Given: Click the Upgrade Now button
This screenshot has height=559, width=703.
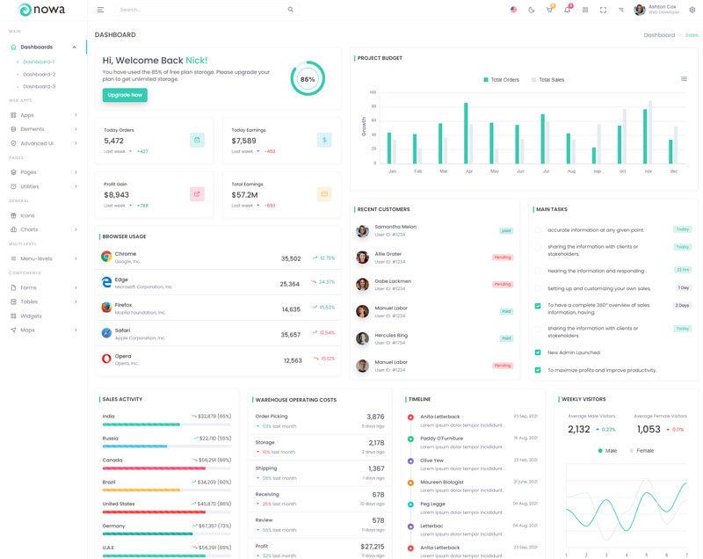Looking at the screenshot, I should [x=125, y=95].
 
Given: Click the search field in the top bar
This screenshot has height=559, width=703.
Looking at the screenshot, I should [x=202, y=10].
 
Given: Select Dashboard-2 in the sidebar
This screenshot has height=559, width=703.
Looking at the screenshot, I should [x=39, y=74].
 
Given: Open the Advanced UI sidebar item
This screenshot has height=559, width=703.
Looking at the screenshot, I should [x=37, y=143].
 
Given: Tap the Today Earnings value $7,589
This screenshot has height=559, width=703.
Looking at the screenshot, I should [x=244, y=141].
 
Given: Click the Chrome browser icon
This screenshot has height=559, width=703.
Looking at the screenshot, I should [x=106, y=257].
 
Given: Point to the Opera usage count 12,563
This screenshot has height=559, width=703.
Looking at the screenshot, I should [x=293, y=360].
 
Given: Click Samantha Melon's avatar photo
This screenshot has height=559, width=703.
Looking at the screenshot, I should [x=362, y=231].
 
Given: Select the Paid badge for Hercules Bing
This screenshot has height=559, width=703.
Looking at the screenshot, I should [x=506, y=338].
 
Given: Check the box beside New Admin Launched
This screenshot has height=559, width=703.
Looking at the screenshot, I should [x=538, y=352].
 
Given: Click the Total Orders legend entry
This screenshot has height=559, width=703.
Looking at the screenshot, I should [x=502, y=79].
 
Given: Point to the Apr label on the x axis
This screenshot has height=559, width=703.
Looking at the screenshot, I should [x=468, y=171].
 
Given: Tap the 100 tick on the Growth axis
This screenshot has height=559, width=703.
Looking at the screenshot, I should [x=373, y=91].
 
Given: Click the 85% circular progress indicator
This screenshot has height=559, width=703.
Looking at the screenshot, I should [x=308, y=79].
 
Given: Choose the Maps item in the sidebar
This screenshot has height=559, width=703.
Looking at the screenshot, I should [x=27, y=330].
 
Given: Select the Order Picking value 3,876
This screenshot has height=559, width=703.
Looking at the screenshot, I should [x=375, y=417].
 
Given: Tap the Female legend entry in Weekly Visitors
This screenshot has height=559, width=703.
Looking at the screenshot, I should [x=641, y=451].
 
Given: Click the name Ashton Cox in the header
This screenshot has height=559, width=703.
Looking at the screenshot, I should [x=662, y=6].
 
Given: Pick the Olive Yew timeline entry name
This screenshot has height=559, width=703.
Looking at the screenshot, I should [x=431, y=460].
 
